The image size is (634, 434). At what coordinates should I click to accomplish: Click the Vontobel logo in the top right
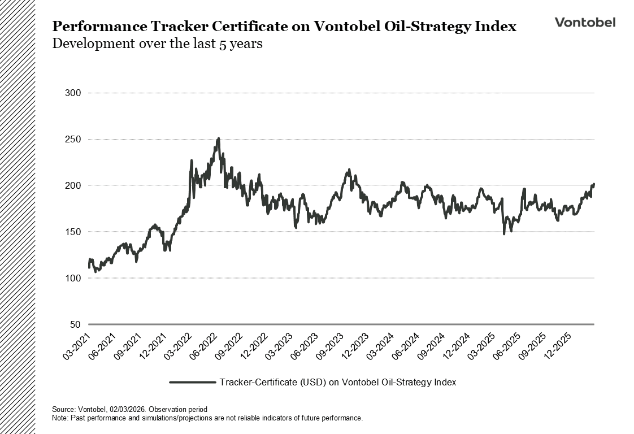(x=585, y=22)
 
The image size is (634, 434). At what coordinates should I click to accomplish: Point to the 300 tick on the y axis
(x=75, y=93)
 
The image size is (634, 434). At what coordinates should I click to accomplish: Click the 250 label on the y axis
(x=75, y=139)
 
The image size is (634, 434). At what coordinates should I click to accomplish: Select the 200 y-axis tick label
(x=75, y=185)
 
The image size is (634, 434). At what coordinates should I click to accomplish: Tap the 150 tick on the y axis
(x=75, y=232)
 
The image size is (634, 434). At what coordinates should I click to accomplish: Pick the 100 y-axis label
(x=75, y=278)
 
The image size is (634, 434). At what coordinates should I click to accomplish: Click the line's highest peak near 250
(x=218, y=138)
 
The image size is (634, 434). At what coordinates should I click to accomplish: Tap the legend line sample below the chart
(x=192, y=383)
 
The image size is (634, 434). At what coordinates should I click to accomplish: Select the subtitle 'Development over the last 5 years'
(x=157, y=44)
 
